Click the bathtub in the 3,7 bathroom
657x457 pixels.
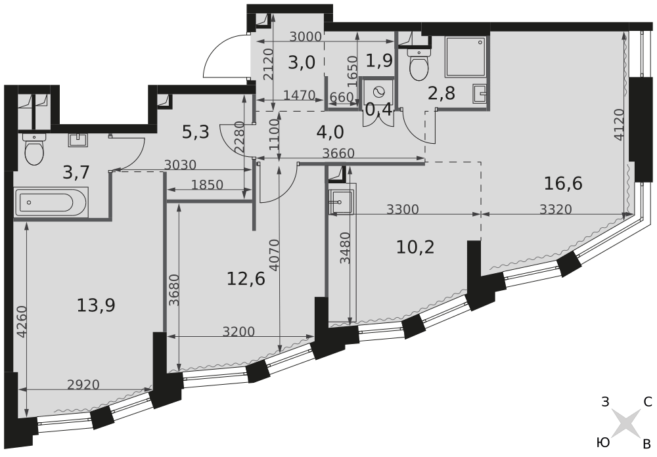[x=51, y=202]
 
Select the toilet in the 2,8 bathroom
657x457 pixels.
[x=418, y=66]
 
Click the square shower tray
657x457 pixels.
[x=466, y=57]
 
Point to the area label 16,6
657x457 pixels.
[x=563, y=183]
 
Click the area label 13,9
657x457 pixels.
[x=95, y=305]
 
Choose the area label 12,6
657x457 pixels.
[x=246, y=278]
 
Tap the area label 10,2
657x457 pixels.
[x=415, y=247]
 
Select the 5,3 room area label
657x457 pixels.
[x=195, y=133]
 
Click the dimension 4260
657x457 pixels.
[x=22, y=322]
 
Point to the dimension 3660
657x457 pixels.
[x=338, y=153]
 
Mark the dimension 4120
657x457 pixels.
[x=621, y=124]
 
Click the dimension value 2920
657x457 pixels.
[x=83, y=384]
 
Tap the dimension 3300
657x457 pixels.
[x=403, y=209]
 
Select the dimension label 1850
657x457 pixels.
[x=207, y=185]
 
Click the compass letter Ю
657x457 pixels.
[x=602, y=443]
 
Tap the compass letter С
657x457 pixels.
[x=648, y=402]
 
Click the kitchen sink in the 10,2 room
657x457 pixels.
[x=341, y=202]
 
